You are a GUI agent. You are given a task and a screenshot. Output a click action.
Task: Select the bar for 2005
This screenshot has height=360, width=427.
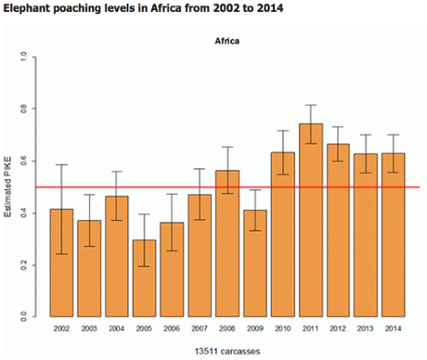116,278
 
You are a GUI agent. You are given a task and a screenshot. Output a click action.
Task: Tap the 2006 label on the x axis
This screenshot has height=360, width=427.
145,328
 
